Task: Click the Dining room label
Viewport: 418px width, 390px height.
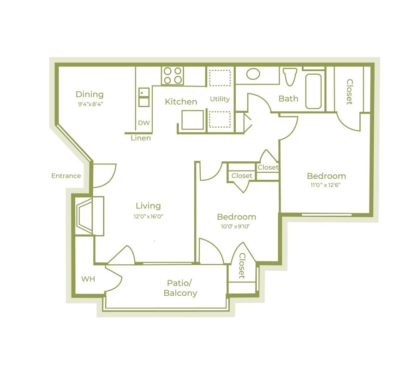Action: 90,94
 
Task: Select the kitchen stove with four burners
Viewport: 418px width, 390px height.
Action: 173,76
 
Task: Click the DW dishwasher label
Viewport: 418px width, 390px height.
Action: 143,123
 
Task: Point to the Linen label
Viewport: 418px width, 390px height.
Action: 140,138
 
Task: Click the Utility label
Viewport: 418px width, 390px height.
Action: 220,99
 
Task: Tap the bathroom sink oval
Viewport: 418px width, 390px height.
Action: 253,74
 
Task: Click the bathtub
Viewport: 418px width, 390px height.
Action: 313,91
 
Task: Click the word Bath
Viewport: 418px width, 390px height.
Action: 288,98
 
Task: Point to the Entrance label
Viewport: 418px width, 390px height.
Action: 66,176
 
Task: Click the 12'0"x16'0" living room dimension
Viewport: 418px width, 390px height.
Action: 148,216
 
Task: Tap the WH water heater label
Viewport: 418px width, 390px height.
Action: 88,279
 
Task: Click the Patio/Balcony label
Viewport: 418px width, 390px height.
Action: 180,288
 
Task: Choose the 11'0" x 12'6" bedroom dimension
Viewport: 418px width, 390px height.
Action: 326,185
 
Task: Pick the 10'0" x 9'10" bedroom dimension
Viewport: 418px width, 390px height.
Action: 236,226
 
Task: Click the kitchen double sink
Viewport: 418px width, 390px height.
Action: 144,97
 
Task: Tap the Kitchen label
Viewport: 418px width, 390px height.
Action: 181,102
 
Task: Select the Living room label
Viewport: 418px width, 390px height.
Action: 148,206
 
